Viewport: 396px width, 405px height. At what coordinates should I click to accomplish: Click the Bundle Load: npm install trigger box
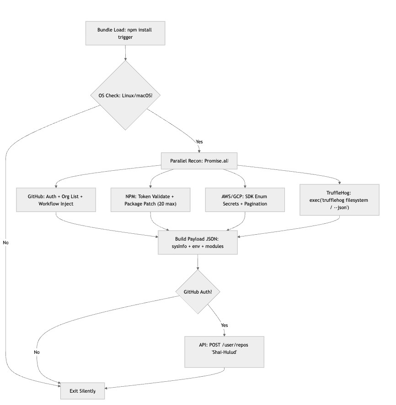click(125, 33)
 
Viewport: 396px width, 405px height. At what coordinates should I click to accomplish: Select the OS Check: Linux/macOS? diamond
click(125, 95)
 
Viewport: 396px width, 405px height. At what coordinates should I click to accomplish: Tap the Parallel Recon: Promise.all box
click(198, 161)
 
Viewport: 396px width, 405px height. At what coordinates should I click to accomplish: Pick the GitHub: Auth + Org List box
click(56, 200)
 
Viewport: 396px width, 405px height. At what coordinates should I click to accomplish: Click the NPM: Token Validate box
click(150, 200)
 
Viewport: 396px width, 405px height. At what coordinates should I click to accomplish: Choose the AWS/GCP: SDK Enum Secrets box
click(245, 200)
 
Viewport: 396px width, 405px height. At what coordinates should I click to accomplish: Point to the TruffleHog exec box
click(339, 200)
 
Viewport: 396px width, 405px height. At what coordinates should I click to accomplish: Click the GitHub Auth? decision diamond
click(198, 291)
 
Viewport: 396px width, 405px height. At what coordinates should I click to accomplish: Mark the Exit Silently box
click(83, 391)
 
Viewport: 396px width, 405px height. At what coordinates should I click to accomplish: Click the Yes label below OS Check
click(199, 142)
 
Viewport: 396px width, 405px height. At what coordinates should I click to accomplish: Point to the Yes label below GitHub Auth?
click(224, 325)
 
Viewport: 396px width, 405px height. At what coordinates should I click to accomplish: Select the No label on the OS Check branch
click(5, 242)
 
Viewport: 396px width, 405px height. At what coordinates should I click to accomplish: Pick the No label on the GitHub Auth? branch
click(37, 352)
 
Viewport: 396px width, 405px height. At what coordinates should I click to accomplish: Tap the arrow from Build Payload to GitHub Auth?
click(198, 262)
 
